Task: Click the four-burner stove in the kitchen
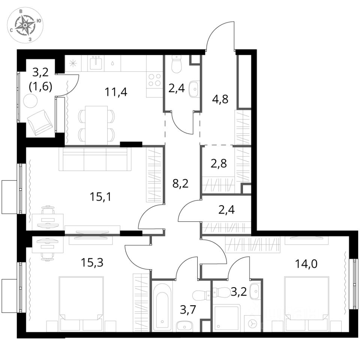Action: click(154, 80)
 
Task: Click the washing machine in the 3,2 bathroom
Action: click(252, 323)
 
